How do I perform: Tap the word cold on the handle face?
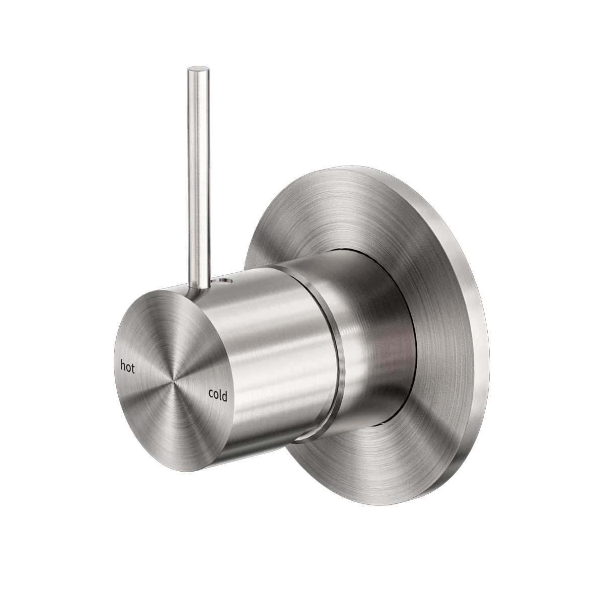coord(217,396)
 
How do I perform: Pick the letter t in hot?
coord(133,368)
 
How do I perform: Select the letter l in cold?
coord(220,395)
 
